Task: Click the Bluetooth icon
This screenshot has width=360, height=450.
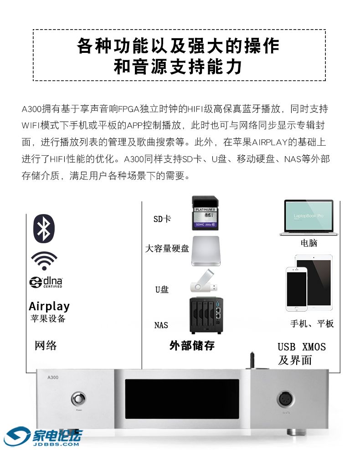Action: click(44, 229)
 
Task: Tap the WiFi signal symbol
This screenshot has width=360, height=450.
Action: click(44, 261)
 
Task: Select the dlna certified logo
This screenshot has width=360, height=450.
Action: click(46, 282)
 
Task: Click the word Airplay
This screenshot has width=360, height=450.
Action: click(49, 306)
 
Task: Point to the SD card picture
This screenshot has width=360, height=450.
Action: click(205, 213)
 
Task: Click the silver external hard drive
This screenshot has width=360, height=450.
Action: click(206, 251)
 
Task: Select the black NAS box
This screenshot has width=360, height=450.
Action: click(206, 315)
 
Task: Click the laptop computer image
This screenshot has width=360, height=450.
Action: click(309, 218)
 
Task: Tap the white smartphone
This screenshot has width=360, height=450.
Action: click(297, 289)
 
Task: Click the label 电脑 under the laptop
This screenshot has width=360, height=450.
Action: click(309, 243)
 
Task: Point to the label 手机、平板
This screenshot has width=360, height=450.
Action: click(312, 324)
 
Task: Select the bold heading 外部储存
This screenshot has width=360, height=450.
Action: click(192, 345)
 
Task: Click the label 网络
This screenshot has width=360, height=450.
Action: click(46, 345)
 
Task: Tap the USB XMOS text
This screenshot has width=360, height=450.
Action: click(302, 347)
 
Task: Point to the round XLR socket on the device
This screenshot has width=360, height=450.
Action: click(286, 399)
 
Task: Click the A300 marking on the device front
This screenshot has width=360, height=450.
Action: click(53, 378)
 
